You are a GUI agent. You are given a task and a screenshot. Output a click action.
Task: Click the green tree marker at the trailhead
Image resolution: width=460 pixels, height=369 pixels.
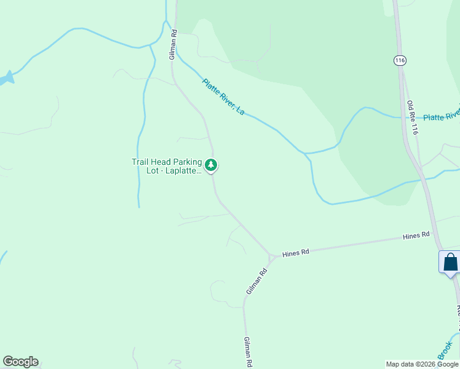point(211,165)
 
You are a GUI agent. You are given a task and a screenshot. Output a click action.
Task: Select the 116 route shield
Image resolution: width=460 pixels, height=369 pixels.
point(400,60)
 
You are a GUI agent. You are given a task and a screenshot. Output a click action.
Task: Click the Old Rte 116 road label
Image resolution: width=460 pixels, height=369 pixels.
point(413,117)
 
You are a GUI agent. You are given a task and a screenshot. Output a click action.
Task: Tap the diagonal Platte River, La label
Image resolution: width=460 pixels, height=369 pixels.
point(223,97)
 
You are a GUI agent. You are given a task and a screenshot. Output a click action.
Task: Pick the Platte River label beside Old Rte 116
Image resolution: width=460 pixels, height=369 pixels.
point(442,116)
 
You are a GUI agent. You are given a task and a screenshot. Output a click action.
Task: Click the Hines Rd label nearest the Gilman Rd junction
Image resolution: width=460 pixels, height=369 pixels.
point(295,252)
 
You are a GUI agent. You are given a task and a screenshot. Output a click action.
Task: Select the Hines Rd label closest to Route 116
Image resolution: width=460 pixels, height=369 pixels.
point(416,236)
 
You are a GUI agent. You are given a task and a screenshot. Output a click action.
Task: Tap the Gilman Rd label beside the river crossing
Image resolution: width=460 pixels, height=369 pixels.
point(174,44)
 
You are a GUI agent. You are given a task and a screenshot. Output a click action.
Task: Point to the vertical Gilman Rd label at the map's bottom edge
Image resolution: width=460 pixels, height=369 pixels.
point(247,352)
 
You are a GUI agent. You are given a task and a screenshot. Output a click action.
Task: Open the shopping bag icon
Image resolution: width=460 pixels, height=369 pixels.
point(450,262)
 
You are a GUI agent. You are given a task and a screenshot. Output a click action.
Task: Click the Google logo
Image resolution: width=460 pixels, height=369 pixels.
point(20,362)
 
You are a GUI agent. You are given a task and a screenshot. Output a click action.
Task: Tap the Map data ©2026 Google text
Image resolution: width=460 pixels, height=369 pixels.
point(422,364)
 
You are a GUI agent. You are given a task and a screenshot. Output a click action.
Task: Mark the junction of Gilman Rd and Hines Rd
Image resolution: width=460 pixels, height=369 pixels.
point(271,255)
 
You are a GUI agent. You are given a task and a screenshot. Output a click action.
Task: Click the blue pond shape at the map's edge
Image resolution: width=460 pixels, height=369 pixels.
point(6,79)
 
